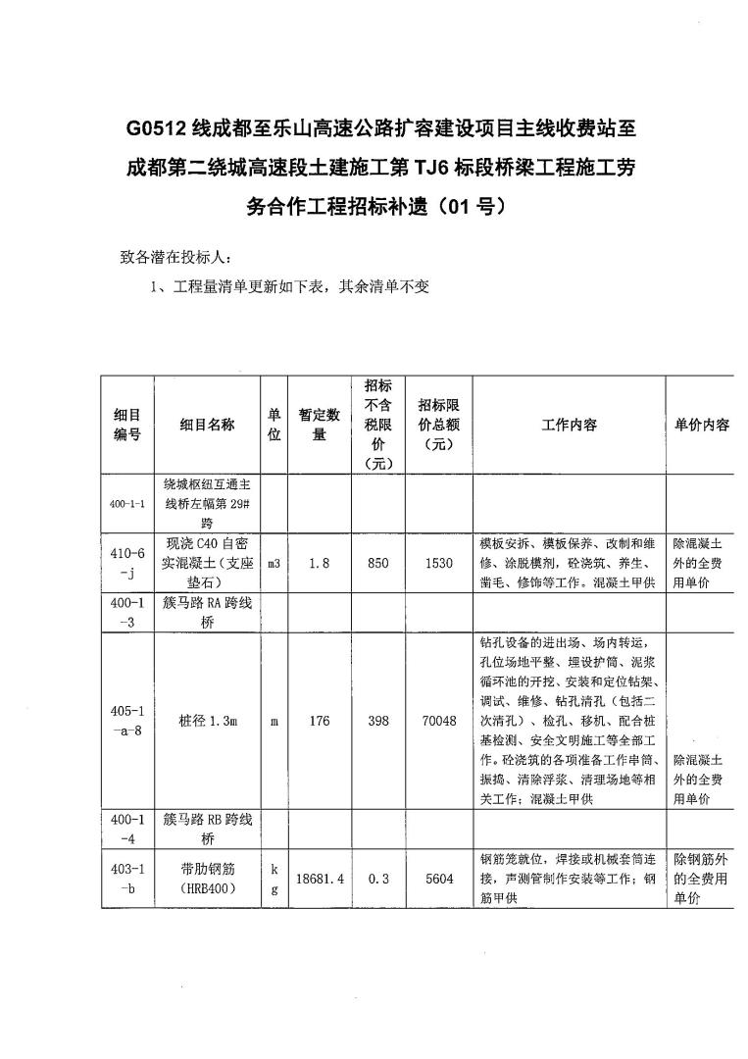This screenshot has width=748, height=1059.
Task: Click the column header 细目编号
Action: [127, 425]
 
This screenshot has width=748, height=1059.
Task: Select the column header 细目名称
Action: [207, 425]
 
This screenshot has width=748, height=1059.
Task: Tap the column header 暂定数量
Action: [319, 425]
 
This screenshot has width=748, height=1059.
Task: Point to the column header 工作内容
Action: [569, 425]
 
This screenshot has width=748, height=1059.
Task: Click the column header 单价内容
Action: [702, 425]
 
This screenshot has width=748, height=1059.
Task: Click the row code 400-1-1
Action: [127, 504]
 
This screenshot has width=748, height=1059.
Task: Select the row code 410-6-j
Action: [127, 563]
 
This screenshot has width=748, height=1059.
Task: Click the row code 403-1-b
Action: [127, 879]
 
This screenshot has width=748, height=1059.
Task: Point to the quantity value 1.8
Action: [319, 564]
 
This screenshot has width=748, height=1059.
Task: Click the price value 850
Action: [378, 564]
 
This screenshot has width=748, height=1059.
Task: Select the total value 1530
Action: [439, 564]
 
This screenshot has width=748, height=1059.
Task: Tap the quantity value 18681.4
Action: [319, 879]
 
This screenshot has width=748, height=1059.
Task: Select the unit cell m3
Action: [274, 564]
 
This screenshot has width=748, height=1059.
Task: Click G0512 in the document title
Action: [159, 127]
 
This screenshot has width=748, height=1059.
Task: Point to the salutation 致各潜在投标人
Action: [175, 259]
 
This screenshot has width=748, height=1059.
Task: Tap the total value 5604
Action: [439, 879]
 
